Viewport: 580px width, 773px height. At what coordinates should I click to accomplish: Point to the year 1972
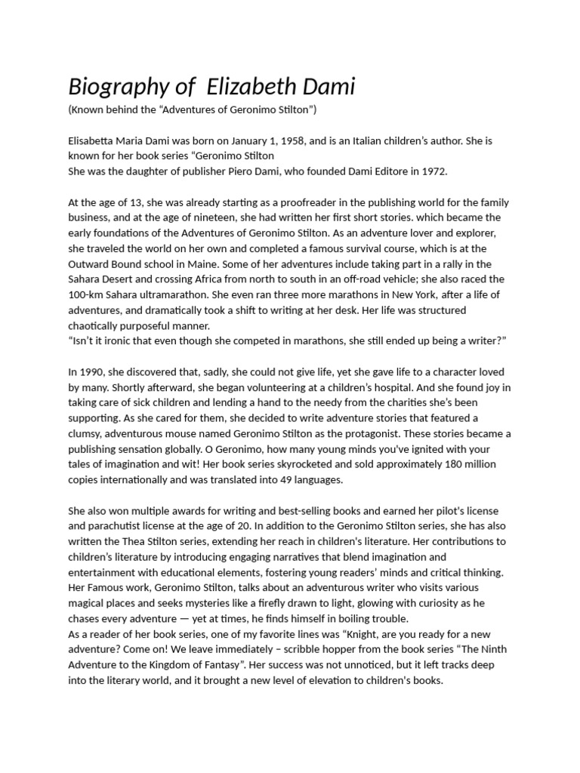pos(431,171)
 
